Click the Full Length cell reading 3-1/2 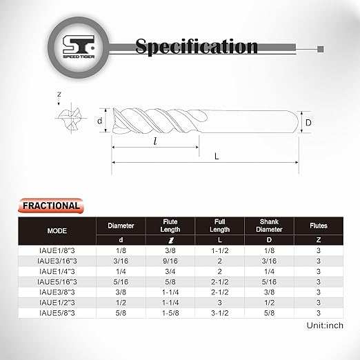(x=219, y=312)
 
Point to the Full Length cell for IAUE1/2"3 (x=219, y=302)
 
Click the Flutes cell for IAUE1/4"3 (x=319, y=272)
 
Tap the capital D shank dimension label (x=310, y=123)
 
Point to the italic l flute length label (x=156, y=141)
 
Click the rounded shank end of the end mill (x=290, y=123)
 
